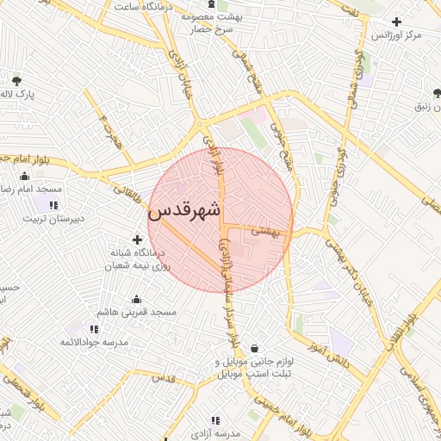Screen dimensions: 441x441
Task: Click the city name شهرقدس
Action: click(x=184, y=210)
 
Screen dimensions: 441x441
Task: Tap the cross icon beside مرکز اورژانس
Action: click(x=396, y=22)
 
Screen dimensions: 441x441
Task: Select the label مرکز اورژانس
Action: click(x=396, y=36)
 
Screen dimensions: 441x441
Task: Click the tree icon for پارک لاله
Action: click(x=16, y=81)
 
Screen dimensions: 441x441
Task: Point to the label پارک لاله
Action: click(x=16, y=94)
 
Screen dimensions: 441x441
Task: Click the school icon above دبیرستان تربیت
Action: click(x=53, y=205)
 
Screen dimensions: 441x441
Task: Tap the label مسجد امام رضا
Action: click(x=31, y=189)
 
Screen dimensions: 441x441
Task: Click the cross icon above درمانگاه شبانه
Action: click(x=137, y=239)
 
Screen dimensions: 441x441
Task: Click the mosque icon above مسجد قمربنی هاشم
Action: click(x=136, y=298)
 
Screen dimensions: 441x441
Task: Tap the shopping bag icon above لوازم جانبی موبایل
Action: click(x=255, y=348)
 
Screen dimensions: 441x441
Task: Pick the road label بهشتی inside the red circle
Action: click(x=266, y=231)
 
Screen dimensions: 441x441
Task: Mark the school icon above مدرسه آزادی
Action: click(x=214, y=420)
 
